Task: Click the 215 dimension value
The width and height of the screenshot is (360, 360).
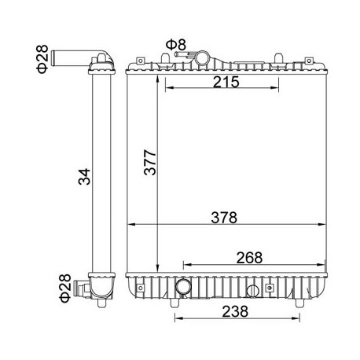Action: [226, 82]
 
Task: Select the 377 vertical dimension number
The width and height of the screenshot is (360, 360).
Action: [150, 163]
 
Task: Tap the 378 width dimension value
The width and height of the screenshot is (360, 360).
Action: [224, 218]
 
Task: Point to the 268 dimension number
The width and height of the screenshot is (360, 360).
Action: [249, 258]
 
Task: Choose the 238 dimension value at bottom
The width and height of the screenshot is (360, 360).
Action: [235, 311]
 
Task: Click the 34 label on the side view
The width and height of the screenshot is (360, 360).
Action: [84, 177]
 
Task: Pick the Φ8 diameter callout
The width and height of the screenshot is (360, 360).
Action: [176, 45]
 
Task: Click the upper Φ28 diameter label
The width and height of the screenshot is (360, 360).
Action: [42, 59]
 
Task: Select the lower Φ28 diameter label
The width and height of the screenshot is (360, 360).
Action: [65, 288]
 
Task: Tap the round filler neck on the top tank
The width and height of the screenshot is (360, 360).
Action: [202, 56]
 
